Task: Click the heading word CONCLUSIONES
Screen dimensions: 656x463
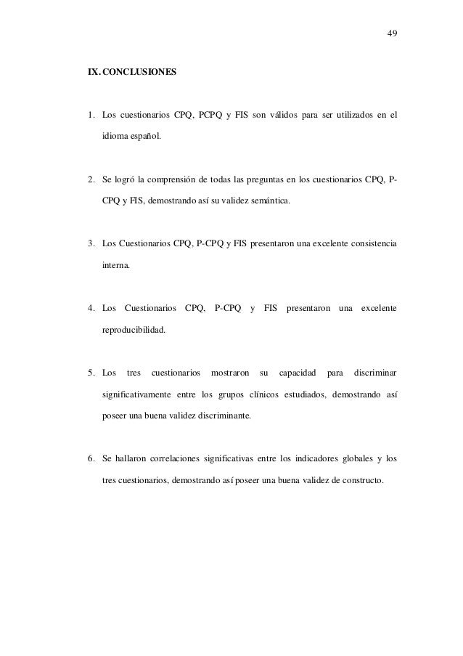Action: (x=139, y=73)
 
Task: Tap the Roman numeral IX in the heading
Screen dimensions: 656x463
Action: (x=93, y=73)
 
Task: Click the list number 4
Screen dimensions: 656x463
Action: (x=90, y=309)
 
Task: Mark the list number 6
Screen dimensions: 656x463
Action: (x=90, y=461)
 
